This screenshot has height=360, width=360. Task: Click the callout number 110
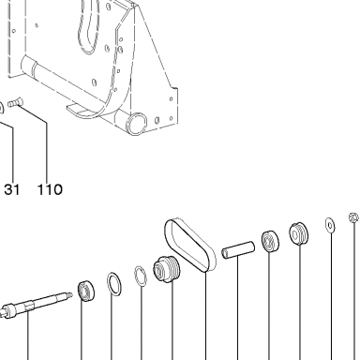[x=50, y=189]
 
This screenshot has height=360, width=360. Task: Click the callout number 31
[x=12, y=189]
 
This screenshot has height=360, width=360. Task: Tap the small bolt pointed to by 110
[x=14, y=102]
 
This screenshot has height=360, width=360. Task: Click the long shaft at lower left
[x=35, y=305]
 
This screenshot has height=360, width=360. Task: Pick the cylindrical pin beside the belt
[x=238, y=249]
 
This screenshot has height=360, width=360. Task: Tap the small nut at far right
[x=353, y=217]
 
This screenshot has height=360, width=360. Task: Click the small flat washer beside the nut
[x=330, y=225]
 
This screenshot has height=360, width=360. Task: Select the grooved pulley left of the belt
[x=167, y=269]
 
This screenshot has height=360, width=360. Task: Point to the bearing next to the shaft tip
[x=86, y=292]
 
